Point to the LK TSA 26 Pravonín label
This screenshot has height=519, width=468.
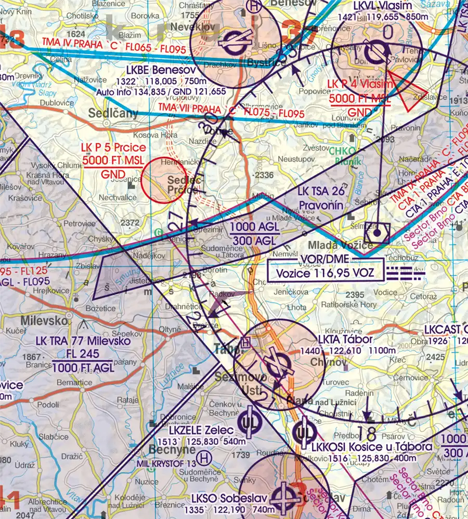click(320, 199)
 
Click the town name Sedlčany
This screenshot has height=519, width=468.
click(113, 113)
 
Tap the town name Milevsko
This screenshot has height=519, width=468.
click(45, 318)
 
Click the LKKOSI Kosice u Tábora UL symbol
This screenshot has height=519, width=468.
click(304, 433)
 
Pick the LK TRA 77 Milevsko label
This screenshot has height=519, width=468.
click(82, 342)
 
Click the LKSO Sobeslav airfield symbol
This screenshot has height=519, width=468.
click(284, 494)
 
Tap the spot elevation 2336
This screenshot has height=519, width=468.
click(263, 175)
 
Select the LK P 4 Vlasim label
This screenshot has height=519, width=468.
click(359, 85)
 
